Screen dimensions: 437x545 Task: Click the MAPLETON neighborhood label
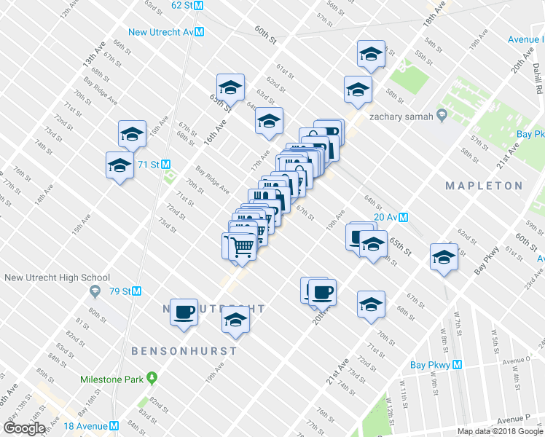point(484,186)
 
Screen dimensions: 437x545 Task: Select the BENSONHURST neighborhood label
point(184,351)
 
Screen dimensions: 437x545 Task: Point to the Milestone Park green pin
point(152,377)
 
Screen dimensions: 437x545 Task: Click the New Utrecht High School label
point(57,277)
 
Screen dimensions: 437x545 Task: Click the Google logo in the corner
point(24,428)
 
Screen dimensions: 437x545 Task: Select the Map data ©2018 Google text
point(500,431)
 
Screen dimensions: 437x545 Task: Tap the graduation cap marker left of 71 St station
point(119,165)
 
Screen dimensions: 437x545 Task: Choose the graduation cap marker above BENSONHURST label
point(235,321)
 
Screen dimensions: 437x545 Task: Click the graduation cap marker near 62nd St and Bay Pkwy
point(444,256)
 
